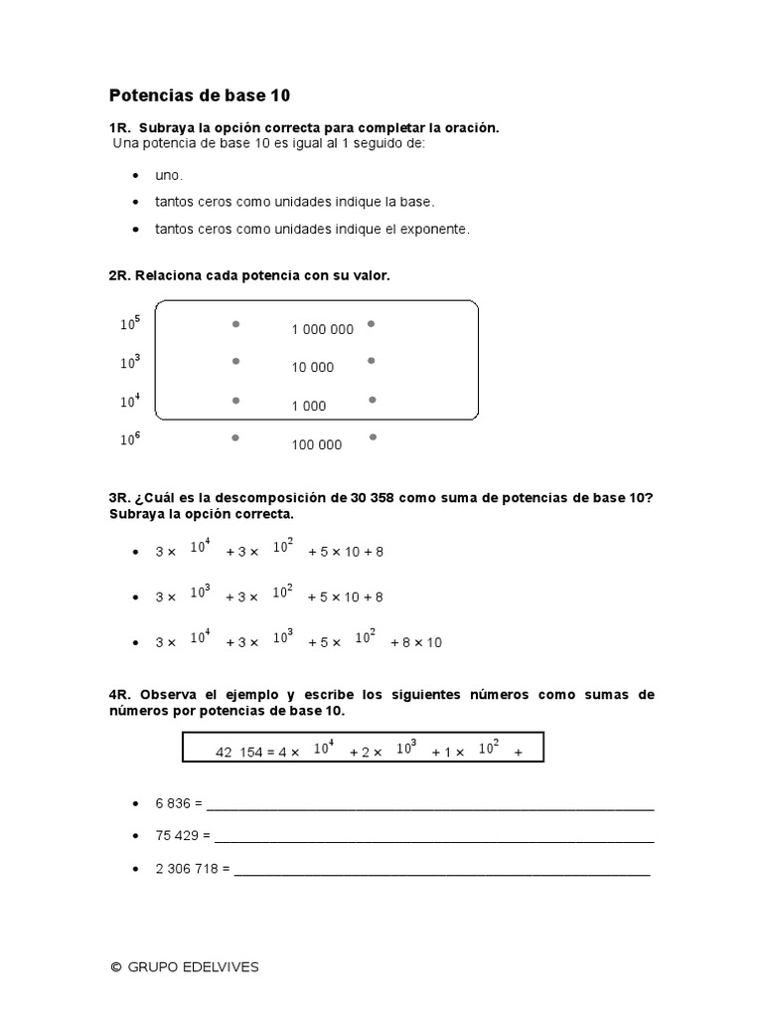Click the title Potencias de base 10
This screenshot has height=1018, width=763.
(200, 96)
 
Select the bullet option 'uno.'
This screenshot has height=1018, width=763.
(169, 175)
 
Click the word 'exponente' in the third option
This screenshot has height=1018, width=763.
(433, 229)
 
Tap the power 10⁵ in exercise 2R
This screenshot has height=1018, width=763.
(130, 323)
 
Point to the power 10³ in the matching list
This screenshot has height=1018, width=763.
(130, 362)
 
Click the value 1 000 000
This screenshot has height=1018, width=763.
(322, 329)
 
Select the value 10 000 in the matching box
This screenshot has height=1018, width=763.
(313, 367)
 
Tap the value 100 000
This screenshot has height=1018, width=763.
(317, 444)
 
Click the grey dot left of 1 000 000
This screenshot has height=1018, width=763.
(235, 324)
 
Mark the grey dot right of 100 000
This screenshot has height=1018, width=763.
(372, 437)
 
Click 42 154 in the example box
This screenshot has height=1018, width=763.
(238, 753)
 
